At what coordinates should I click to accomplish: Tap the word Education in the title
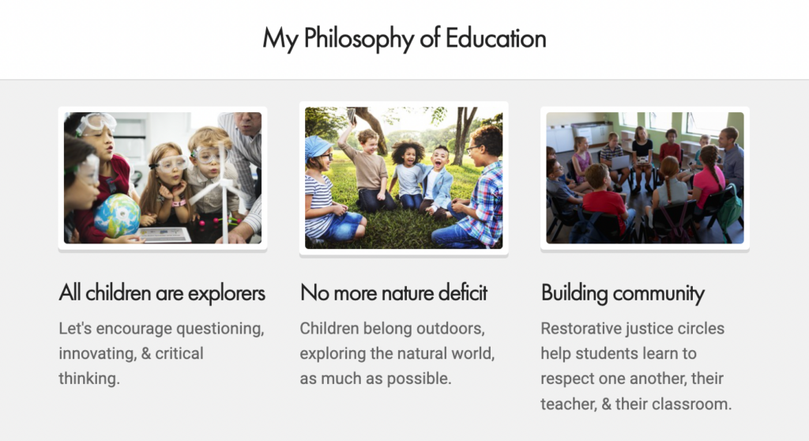(x=495, y=38)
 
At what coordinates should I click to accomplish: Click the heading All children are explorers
(x=162, y=293)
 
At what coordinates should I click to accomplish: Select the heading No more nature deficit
(x=393, y=292)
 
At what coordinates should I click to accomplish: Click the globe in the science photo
(x=117, y=215)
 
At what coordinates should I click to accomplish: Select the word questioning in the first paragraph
(x=220, y=329)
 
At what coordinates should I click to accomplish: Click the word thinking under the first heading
(x=88, y=379)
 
